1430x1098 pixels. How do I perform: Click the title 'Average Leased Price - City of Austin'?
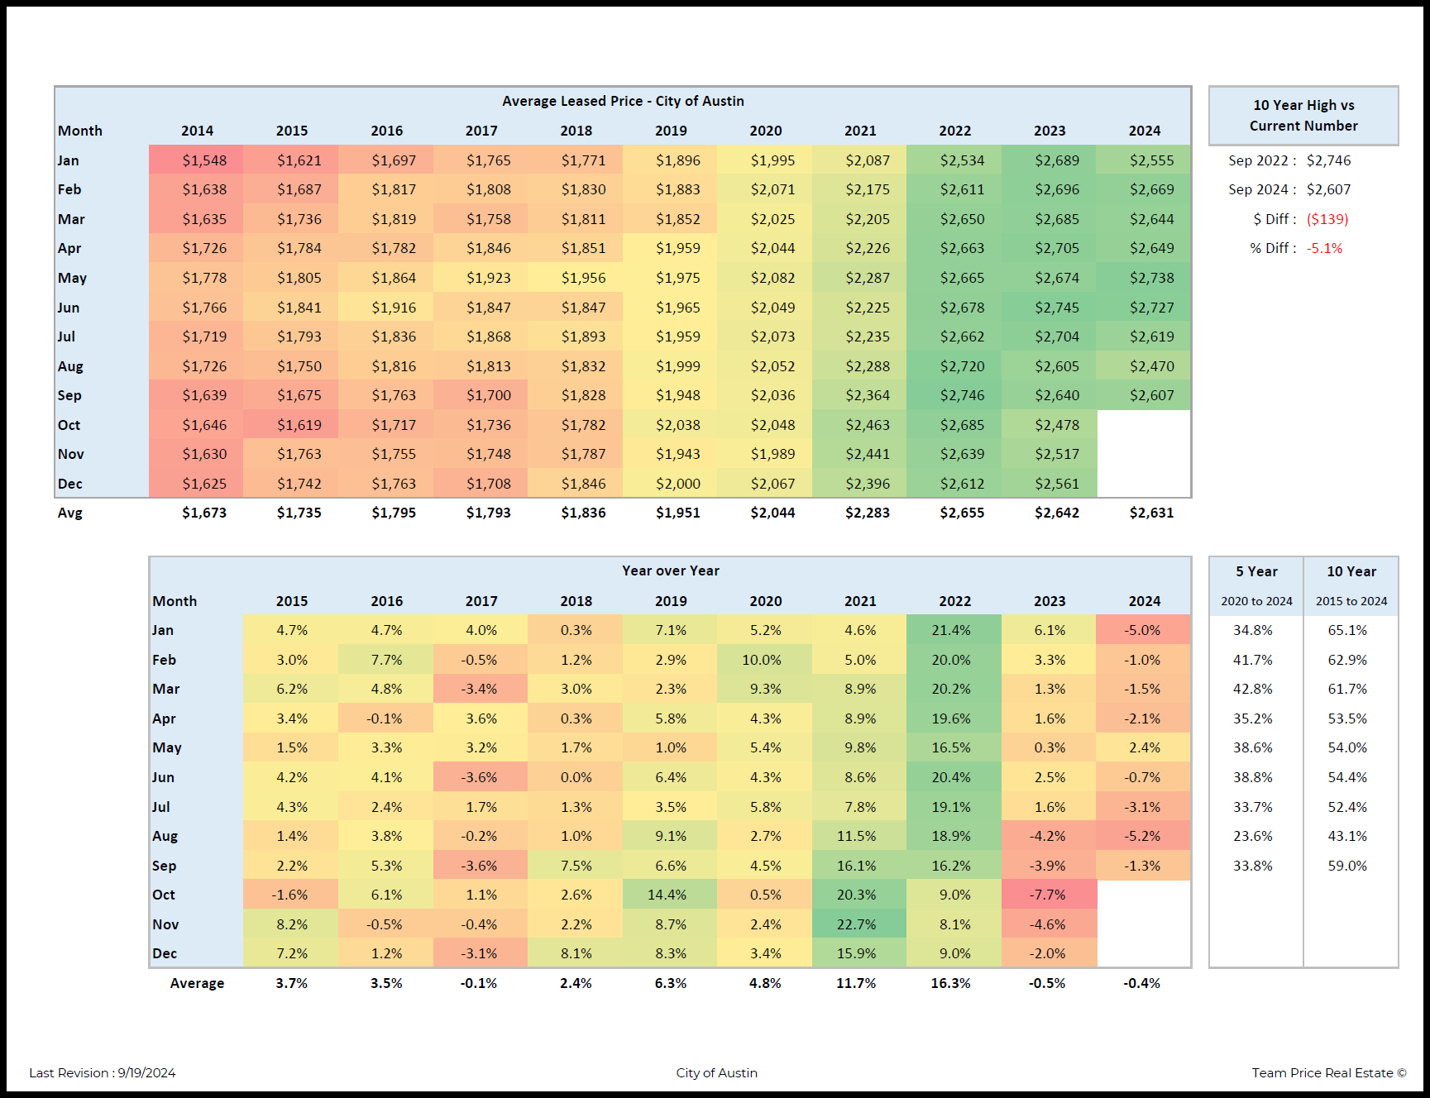[623, 101]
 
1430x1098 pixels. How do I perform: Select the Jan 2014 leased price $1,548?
[204, 160]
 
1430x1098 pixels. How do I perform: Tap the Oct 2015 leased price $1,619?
[299, 425]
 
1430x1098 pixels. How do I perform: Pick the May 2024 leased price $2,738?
[1151, 278]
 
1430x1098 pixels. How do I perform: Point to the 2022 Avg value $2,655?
[962, 513]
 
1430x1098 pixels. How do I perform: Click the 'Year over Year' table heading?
[670, 570]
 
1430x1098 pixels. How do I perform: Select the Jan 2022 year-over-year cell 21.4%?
[951, 630]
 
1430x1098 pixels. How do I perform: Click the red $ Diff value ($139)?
[1327, 219]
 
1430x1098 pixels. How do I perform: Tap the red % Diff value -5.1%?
[1324, 248]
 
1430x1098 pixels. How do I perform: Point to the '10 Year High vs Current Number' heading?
[1303, 116]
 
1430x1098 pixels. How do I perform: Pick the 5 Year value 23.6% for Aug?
[1252, 836]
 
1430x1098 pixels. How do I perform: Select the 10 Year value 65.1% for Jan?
[1347, 630]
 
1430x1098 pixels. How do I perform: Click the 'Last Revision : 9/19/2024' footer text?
[103, 1073]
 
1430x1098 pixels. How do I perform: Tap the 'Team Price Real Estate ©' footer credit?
[1328, 1073]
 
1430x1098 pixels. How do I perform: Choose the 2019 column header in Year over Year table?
[671, 601]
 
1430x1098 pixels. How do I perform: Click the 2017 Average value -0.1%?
[479, 983]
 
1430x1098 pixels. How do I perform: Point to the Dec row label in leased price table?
[70, 484]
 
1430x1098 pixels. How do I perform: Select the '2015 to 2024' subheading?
[1351, 601]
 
